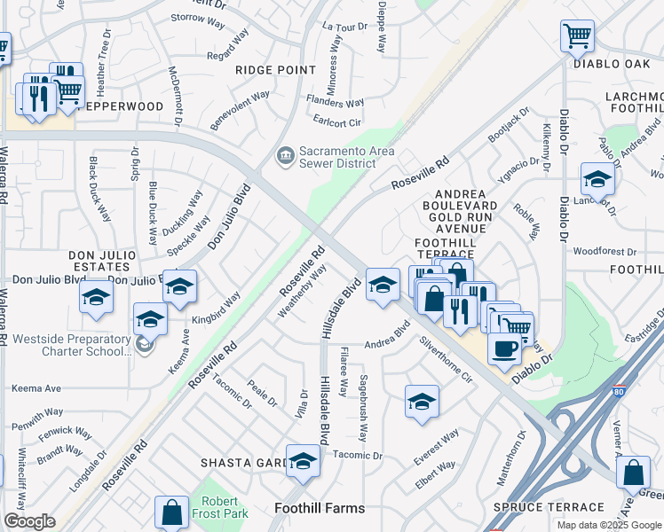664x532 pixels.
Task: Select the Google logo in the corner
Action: pos(29,521)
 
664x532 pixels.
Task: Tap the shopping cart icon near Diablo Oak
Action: pos(577,37)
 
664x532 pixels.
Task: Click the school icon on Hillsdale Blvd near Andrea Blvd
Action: pos(383,285)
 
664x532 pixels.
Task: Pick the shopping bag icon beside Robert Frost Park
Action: pos(171,512)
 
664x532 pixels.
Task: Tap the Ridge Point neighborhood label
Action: pos(275,69)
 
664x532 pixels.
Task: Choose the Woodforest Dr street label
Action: pos(605,251)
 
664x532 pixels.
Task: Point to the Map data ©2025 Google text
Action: pos(609,525)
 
